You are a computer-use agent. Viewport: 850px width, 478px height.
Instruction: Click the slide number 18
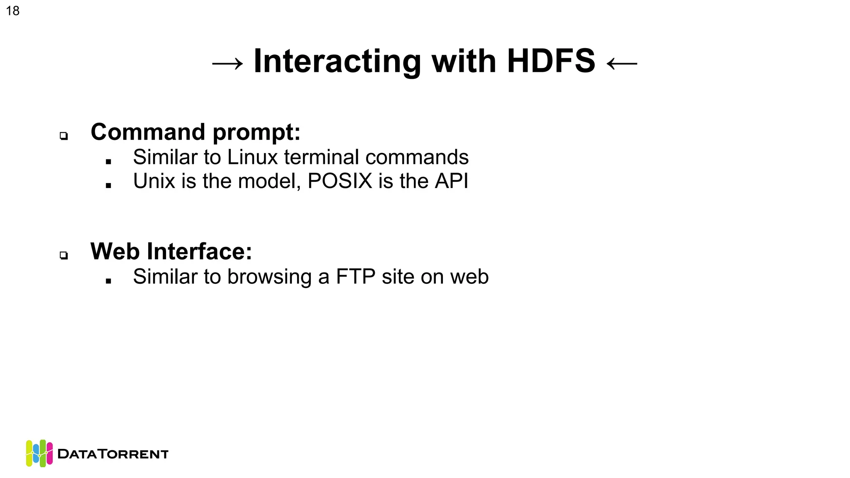tap(13, 11)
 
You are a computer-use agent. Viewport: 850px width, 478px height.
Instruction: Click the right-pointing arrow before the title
tap(227, 63)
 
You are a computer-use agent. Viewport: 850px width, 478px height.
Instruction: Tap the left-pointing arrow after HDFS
tap(622, 63)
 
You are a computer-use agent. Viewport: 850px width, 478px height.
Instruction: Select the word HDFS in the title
tap(551, 61)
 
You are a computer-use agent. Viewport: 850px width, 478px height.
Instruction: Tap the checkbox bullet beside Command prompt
tap(64, 136)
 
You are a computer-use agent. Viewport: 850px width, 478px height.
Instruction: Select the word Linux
tap(252, 157)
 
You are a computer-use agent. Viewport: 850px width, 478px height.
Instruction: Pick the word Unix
tap(154, 181)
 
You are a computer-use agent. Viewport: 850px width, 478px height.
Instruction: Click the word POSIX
tap(340, 181)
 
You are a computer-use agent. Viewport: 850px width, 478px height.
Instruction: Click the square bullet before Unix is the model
tap(108, 185)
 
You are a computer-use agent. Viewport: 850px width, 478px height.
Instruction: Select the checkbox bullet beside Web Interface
tap(64, 255)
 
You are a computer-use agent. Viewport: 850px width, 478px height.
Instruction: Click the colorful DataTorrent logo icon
tap(39, 453)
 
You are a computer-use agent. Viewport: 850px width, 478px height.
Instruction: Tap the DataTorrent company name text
tap(113, 454)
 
